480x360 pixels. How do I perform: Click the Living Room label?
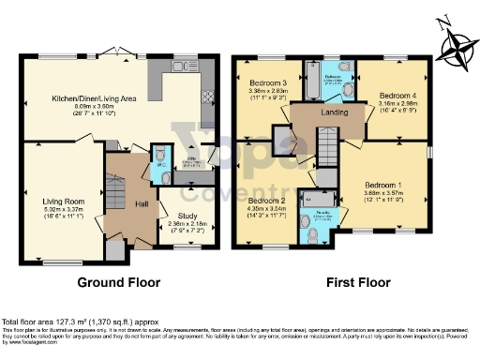tap(63, 200)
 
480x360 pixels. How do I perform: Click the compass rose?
tap(457, 45)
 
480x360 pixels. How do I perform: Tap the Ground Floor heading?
tap(118, 282)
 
